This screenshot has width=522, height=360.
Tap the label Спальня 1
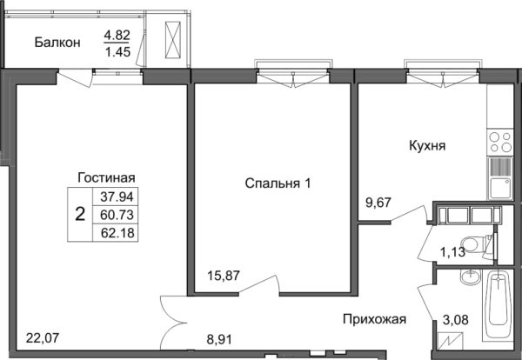pyautogui.click(x=278, y=183)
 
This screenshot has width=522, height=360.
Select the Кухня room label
pyautogui.click(x=426, y=146)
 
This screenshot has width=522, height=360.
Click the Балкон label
pyautogui.click(x=58, y=42)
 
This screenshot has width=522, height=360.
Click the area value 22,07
pyautogui.click(x=43, y=337)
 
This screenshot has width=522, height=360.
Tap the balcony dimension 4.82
pyautogui.click(x=118, y=36)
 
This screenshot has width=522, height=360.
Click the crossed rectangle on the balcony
pyautogui.click(x=174, y=40)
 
